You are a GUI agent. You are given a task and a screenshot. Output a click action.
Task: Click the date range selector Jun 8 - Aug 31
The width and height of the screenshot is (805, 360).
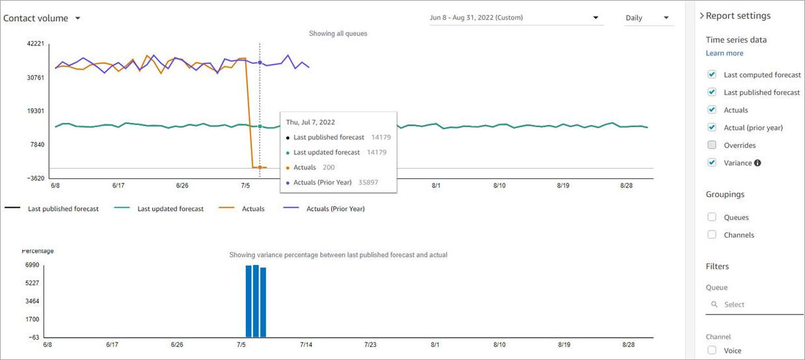tap(513, 18)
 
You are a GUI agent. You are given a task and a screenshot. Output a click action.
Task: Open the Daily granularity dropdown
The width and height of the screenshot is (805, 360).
tap(647, 18)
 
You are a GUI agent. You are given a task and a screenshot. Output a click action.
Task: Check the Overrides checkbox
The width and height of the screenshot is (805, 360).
tap(712, 145)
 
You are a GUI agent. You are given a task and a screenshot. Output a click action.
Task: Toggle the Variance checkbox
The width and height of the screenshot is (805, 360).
tap(712, 163)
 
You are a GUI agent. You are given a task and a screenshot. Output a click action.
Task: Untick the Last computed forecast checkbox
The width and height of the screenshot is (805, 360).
tap(712, 75)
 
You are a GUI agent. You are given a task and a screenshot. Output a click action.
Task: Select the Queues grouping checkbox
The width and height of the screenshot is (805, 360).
tap(712, 217)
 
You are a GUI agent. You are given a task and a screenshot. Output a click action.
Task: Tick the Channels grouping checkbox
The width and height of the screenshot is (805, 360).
tap(712, 235)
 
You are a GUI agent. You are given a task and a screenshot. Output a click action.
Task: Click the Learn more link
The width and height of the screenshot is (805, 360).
tap(724, 53)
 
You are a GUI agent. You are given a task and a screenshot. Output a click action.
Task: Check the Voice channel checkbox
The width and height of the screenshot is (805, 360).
tap(712, 350)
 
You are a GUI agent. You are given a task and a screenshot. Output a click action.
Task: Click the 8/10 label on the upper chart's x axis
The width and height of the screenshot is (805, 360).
tap(499, 186)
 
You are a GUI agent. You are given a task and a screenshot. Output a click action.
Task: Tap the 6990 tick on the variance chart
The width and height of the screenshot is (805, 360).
tap(32, 266)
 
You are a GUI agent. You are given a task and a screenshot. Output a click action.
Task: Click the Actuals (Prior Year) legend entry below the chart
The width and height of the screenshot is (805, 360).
tap(323, 209)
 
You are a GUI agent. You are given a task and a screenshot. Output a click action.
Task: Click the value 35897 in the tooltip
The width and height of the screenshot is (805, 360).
tap(368, 182)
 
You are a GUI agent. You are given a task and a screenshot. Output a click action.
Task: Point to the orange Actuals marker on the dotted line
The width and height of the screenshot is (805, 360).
tap(260, 167)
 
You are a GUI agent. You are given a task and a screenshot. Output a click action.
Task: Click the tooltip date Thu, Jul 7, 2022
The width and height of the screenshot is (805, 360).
tap(310, 122)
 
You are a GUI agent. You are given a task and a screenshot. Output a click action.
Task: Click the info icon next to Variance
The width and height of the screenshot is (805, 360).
tap(757, 163)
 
